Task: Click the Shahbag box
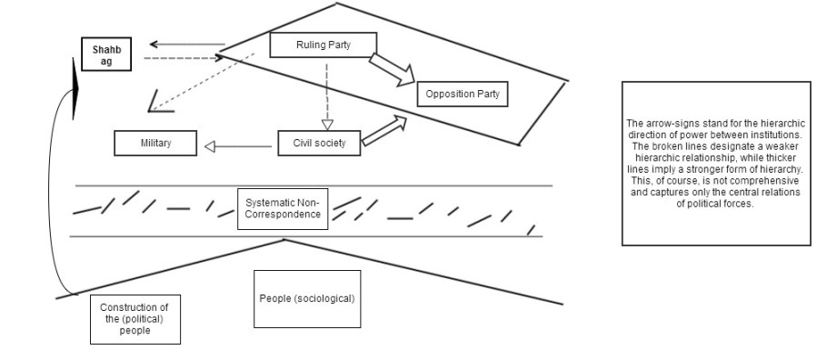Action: (105, 55)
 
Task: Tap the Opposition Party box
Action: (462, 94)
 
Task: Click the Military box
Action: (155, 144)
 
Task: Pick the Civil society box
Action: (318, 144)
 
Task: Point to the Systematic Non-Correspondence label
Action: (283, 208)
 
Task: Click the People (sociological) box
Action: (307, 298)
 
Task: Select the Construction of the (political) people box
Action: (135, 318)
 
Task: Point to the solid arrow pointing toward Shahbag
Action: (186, 44)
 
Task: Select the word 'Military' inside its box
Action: (155, 144)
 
